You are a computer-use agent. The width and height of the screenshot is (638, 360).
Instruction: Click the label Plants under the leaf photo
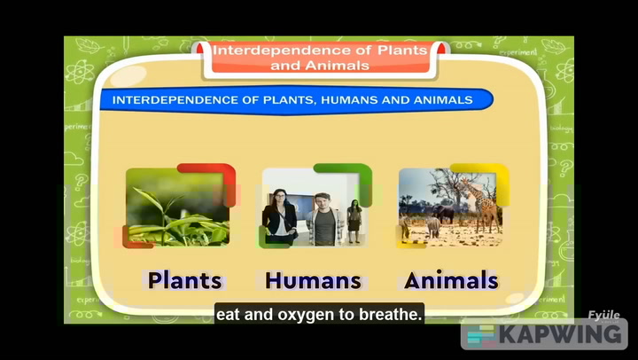pos(184,281)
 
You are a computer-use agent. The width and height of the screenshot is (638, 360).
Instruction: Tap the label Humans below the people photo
pos(313,281)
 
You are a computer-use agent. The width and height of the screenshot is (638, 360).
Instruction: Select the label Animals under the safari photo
pos(451,281)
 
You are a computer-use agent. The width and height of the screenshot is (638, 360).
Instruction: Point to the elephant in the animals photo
pos(442,215)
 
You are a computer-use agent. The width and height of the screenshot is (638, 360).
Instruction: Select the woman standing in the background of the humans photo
pos(354,221)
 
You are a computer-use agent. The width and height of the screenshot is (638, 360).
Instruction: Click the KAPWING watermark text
pos(561,335)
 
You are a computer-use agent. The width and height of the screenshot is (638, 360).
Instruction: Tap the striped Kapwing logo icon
pos(480,335)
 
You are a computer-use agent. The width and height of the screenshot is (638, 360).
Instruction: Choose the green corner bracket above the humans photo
pos(346,173)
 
